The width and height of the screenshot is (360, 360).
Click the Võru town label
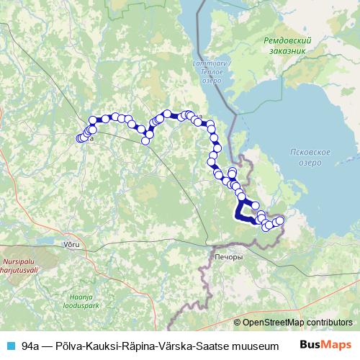(72, 246)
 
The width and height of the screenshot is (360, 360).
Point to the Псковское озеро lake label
(308, 157)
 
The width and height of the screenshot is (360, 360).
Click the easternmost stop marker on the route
(280, 220)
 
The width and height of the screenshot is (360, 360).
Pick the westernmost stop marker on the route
(80, 138)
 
